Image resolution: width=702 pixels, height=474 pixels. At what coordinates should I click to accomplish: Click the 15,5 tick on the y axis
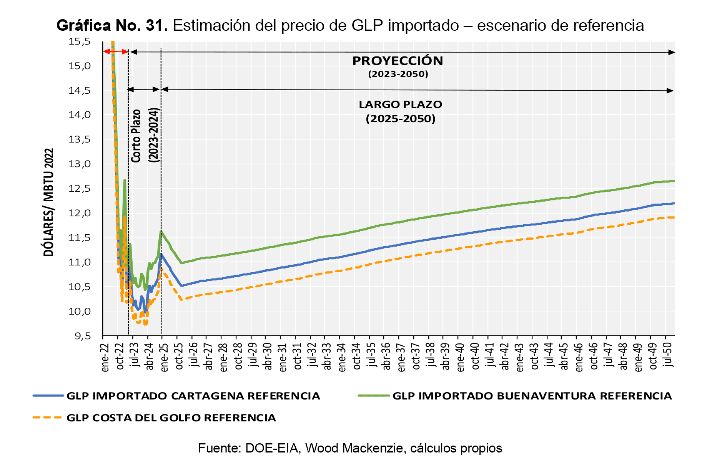coord(80,41)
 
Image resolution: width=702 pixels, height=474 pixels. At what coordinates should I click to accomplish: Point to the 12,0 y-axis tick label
coord(80,213)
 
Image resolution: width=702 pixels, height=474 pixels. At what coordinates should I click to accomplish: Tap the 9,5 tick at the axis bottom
coord(80,336)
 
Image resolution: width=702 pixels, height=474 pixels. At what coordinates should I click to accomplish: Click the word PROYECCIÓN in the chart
coord(398,61)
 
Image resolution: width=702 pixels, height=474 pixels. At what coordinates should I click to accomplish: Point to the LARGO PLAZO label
coord(400,104)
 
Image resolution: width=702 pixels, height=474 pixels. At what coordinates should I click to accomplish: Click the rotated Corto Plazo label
coord(136,136)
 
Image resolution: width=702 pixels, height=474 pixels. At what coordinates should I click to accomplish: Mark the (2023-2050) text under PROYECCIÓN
coord(398,74)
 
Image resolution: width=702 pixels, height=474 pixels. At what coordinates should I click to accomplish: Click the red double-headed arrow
coord(115,51)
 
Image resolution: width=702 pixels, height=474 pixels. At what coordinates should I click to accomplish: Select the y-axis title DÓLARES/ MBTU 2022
coord(49,202)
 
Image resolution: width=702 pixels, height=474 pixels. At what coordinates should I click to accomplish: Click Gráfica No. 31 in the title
coord(112,26)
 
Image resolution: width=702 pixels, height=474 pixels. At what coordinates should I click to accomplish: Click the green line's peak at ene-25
coord(161,231)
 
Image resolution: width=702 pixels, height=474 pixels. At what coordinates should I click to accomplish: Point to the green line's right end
coord(674,181)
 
